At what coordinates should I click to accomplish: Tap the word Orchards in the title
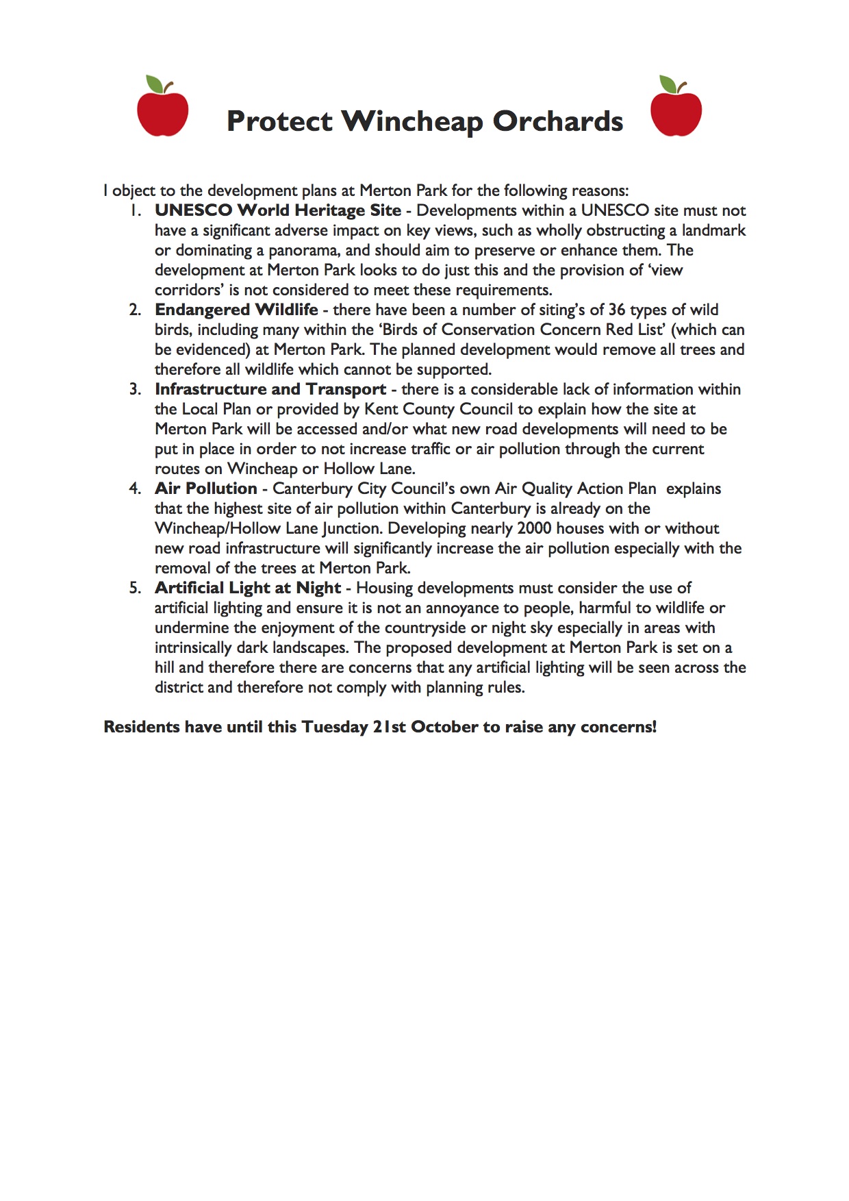(x=557, y=121)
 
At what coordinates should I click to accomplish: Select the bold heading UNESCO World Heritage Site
(x=277, y=210)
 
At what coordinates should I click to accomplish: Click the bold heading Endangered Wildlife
(x=236, y=310)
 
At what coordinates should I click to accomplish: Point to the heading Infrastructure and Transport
(x=270, y=389)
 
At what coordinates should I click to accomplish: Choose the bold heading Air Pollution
(x=205, y=488)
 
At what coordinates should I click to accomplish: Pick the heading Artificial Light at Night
(x=248, y=588)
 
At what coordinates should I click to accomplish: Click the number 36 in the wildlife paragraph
(x=617, y=310)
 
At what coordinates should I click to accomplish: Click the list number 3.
(x=135, y=389)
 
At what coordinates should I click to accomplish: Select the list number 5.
(x=135, y=588)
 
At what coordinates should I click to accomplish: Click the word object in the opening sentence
(x=134, y=190)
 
